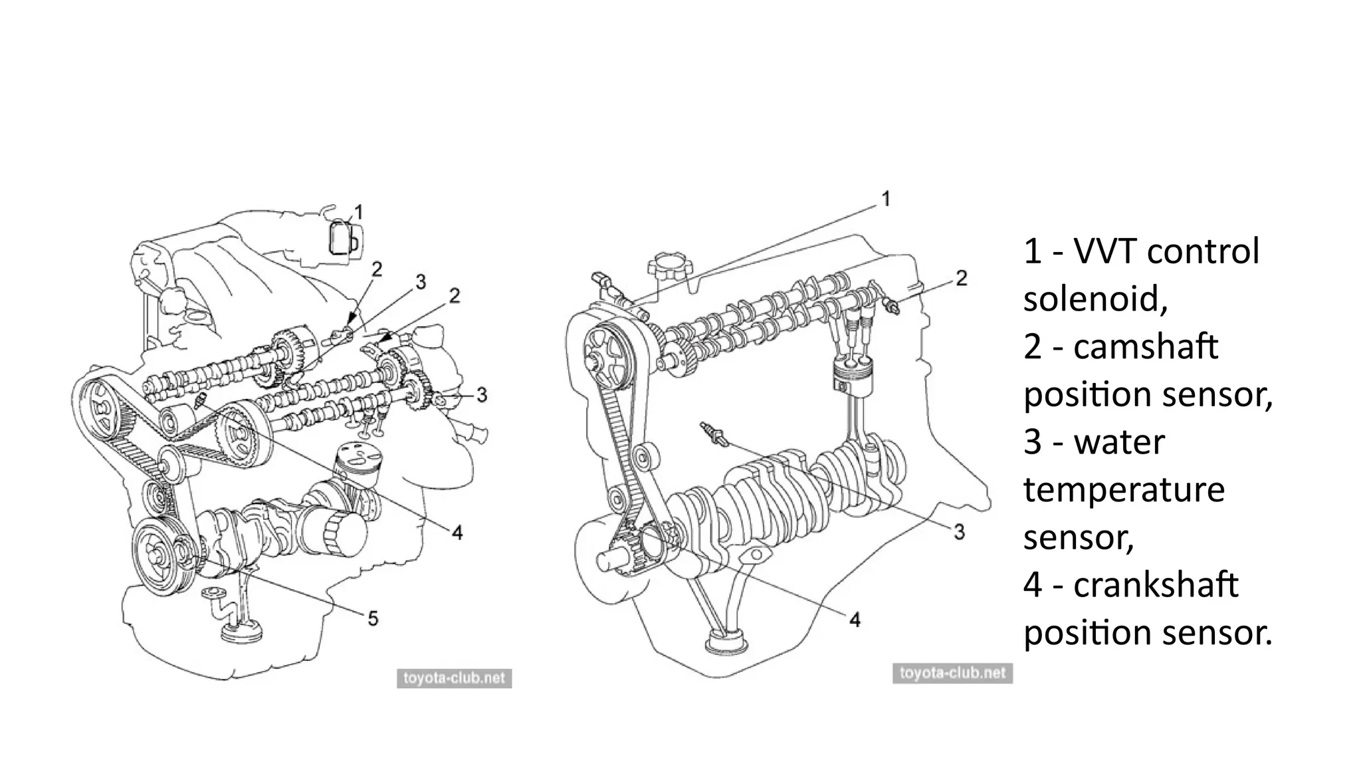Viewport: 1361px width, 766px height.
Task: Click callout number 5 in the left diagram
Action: [x=373, y=618]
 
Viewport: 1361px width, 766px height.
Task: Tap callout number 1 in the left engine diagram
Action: [x=359, y=213]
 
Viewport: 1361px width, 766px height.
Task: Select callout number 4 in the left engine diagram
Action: [x=457, y=532]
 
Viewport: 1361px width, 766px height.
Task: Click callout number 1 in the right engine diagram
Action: [x=885, y=199]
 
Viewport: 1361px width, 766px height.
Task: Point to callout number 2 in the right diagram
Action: [x=961, y=278]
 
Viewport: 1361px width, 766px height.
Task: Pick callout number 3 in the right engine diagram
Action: [x=959, y=531]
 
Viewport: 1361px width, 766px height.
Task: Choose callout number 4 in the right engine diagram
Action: [x=855, y=620]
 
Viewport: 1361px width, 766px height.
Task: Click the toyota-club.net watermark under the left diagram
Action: [x=454, y=678]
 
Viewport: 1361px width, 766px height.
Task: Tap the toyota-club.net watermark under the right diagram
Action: [x=952, y=673]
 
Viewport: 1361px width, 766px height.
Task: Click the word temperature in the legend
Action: [x=1124, y=490]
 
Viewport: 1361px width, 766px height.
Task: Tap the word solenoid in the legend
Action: [x=1094, y=299]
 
